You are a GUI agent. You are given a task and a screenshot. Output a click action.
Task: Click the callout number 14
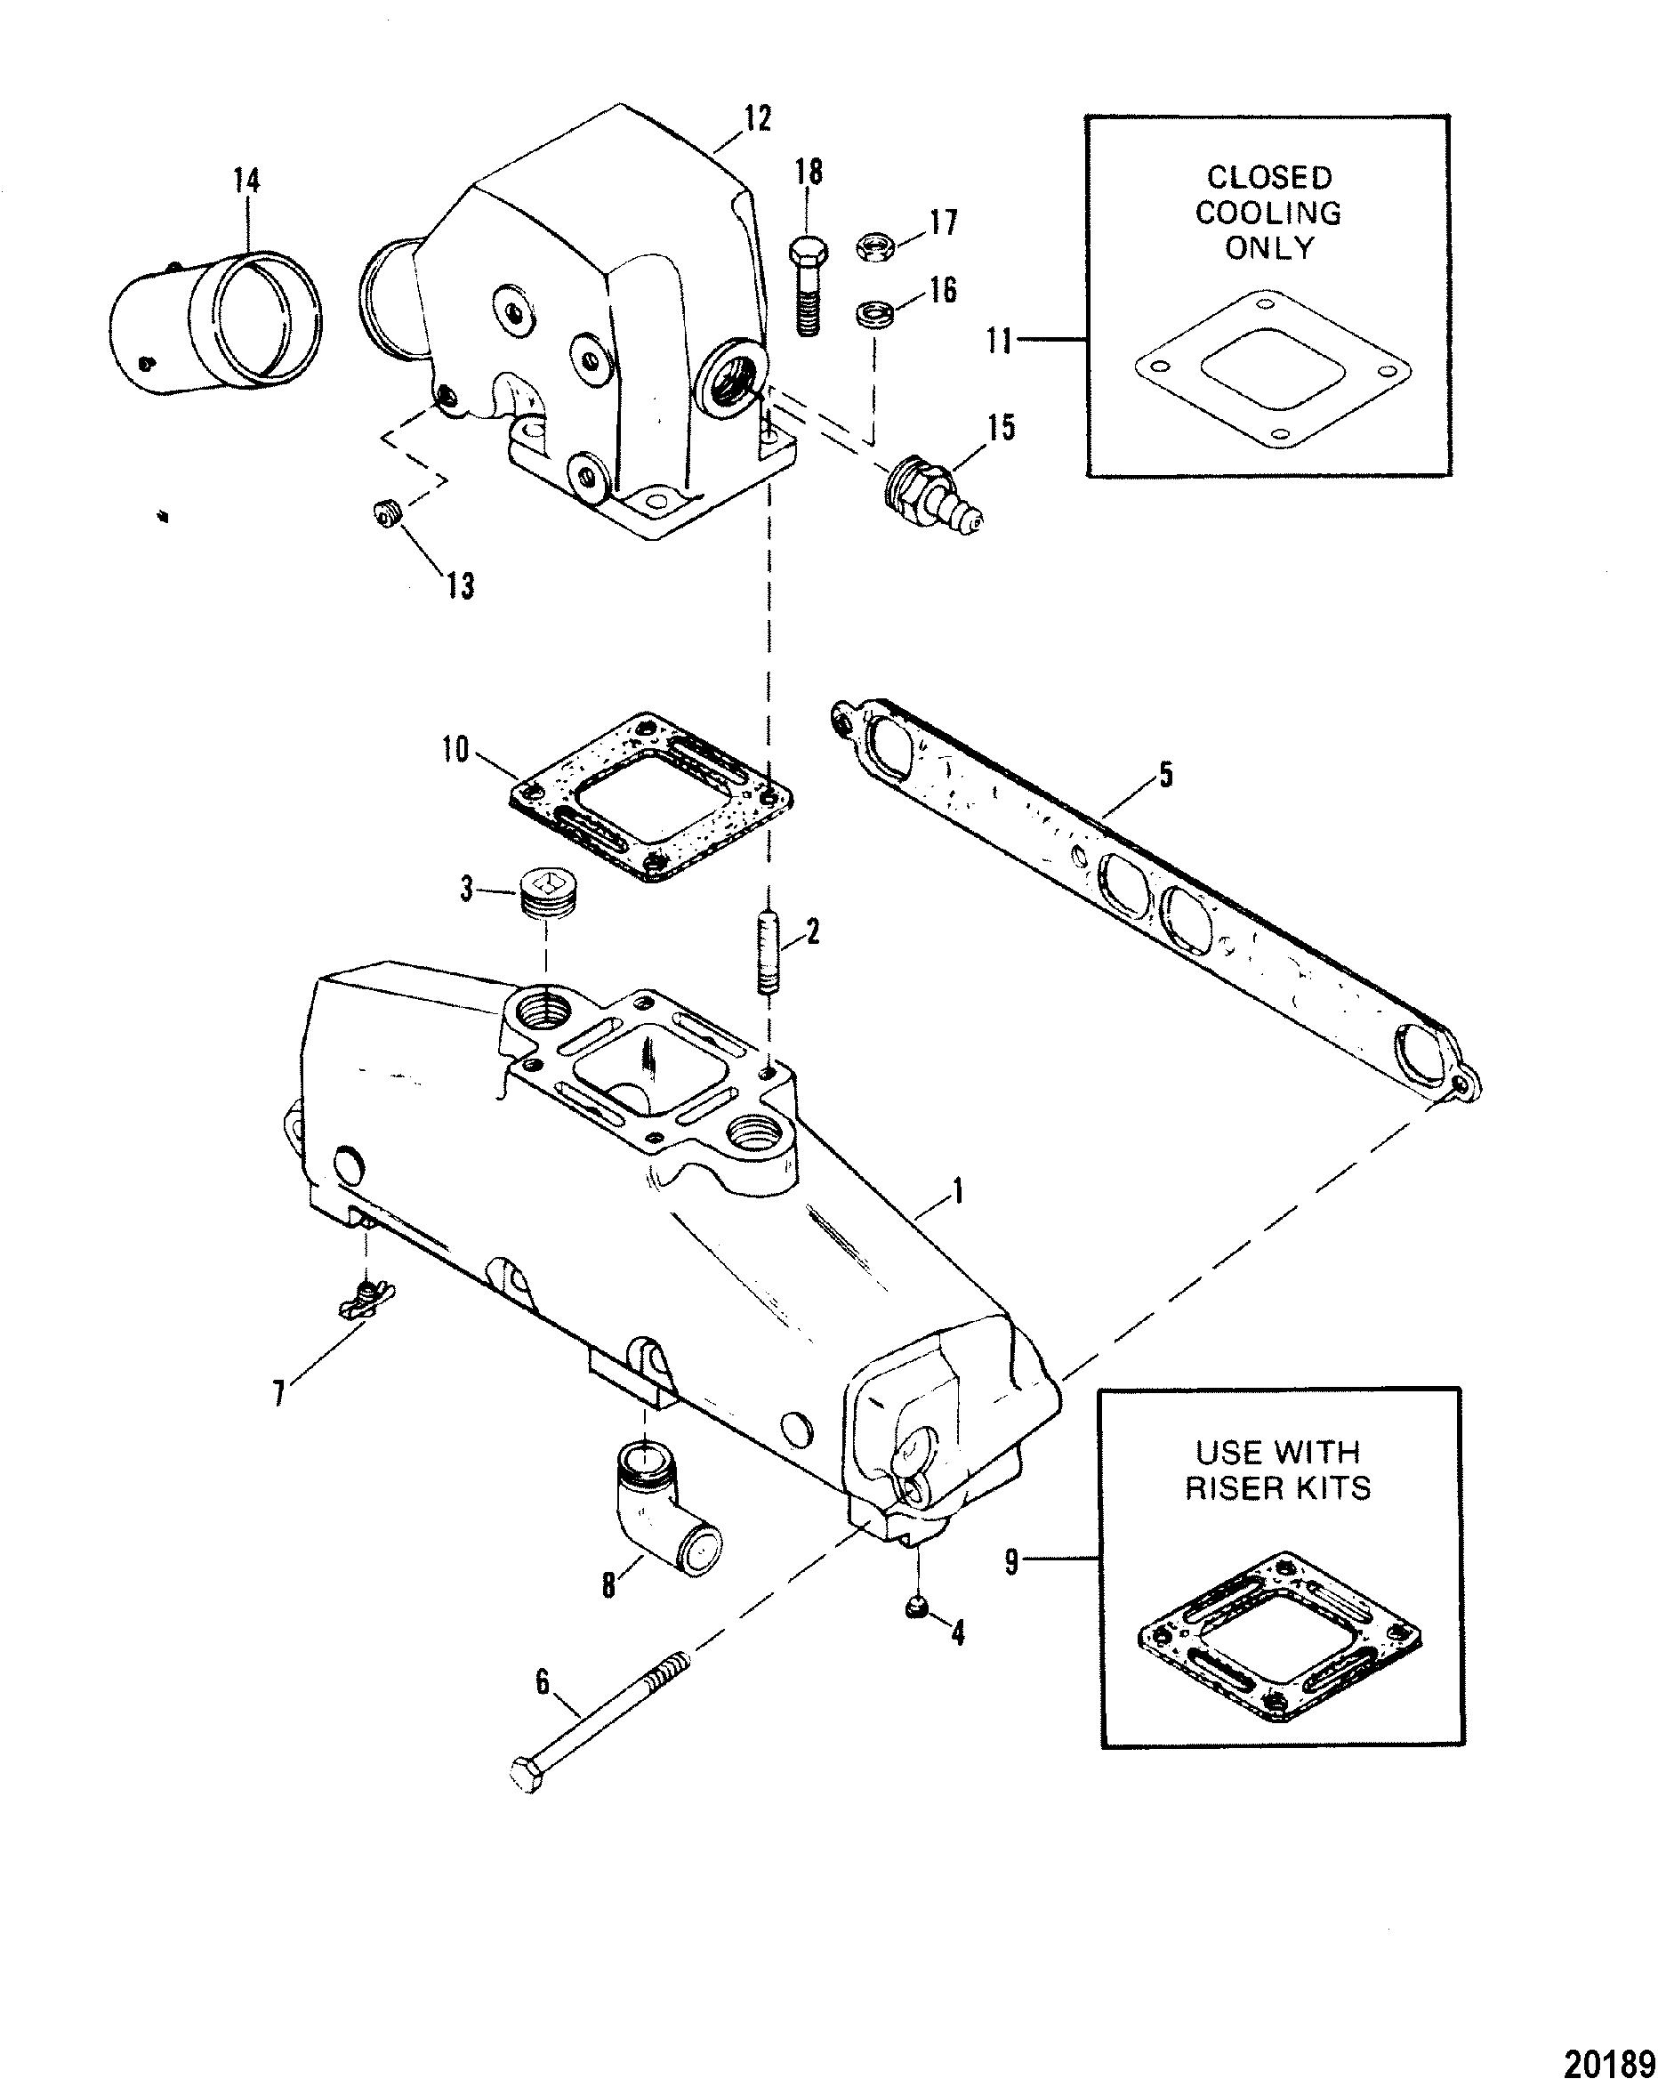tap(245, 181)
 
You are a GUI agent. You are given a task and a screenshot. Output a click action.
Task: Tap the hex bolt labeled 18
tap(808, 286)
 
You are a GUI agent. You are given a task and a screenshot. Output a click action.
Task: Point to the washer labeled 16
tap(874, 315)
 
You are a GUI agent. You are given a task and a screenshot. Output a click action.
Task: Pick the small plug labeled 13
tap(388, 515)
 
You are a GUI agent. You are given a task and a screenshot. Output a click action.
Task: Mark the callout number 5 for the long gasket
tap(1165, 774)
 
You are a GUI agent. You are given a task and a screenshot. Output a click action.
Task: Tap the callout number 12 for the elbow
tap(758, 119)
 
